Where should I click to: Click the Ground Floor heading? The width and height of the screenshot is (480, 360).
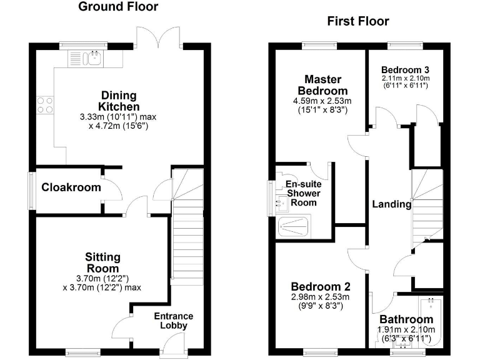coord(118,7)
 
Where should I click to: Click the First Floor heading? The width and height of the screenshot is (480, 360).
coord(358,21)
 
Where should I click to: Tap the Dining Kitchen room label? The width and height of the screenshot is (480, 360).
coord(119,101)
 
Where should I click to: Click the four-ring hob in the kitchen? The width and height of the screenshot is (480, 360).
coord(45,104)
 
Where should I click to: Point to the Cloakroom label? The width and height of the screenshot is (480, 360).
coord(62,187)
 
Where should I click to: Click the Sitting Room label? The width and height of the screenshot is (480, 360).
coord(103,262)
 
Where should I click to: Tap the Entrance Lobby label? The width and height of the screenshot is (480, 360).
coord(174,321)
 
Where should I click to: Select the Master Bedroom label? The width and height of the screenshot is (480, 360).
coord(322,84)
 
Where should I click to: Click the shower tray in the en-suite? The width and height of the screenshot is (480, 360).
coord(294,226)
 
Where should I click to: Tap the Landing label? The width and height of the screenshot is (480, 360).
coord(392,204)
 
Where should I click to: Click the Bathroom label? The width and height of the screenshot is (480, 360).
coord(402,320)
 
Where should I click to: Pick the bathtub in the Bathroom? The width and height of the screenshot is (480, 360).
coord(431,322)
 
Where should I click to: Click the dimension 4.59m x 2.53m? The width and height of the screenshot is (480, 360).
coord(322,101)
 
